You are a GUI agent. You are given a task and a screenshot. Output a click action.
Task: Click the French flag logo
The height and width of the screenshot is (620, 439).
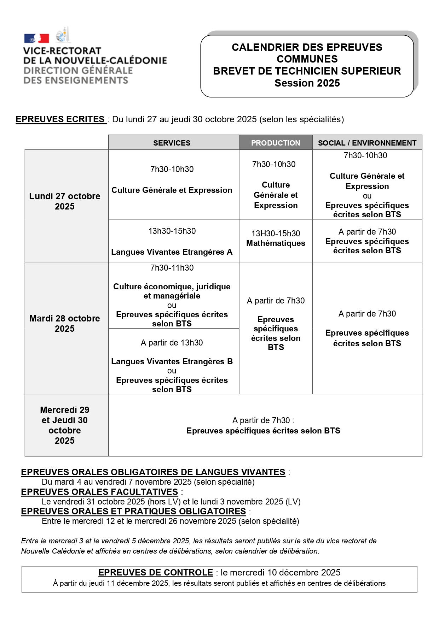[36, 39]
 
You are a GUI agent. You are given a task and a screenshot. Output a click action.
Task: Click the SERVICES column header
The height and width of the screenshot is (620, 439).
[172, 143]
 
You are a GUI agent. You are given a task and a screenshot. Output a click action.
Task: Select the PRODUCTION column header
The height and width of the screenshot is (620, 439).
[276, 143]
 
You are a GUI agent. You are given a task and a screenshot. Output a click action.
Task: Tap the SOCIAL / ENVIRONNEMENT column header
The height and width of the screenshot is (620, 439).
[367, 143]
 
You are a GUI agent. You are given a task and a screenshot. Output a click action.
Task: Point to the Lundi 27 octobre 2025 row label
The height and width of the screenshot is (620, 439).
[65, 201]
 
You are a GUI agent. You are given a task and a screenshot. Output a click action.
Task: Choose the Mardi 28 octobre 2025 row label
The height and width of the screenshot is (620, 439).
[65, 324]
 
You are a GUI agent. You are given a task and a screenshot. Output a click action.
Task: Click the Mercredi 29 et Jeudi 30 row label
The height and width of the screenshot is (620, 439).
[65, 425]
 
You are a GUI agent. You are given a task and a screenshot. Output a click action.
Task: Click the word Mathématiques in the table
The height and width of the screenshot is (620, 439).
[276, 243]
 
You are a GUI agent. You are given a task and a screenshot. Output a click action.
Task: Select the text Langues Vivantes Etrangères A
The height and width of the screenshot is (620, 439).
[172, 252]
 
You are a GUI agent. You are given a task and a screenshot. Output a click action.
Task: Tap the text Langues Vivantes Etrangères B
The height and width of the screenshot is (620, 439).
[172, 361]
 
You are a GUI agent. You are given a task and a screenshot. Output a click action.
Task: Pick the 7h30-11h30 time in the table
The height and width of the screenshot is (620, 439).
[172, 268]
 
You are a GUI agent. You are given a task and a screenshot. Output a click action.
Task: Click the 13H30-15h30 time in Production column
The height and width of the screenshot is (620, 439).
[276, 234]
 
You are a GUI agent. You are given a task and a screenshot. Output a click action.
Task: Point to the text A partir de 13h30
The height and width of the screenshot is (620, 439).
[172, 343]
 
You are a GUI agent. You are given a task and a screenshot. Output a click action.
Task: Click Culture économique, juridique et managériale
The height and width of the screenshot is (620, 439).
[172, 291]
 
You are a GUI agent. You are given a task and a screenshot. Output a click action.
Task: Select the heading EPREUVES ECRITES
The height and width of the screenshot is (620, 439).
[60, 119]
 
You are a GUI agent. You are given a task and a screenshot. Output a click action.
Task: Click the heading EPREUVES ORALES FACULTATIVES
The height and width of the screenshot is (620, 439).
[99, 492]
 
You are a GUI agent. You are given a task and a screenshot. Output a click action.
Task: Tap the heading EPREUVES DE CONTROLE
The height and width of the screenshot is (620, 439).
[156, 572]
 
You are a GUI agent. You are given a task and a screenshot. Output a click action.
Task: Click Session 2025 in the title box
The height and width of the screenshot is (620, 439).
[307, 83]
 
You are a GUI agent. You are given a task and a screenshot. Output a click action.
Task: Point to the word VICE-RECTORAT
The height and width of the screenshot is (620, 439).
[62, 51]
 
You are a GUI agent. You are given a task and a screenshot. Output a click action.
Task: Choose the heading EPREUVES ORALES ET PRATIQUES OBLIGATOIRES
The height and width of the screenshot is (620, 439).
[133, 511]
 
